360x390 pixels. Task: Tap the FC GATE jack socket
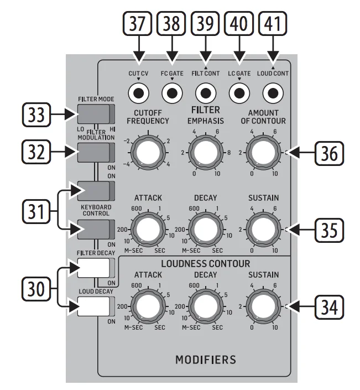tap(172, 92)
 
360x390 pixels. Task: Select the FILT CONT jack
tap(206, 92)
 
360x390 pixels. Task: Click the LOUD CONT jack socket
tap(273, 92)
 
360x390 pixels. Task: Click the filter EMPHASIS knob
tap(206, 152)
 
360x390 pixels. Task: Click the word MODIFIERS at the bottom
tap(205, 360)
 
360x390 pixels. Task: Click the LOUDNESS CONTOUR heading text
tap(206, 263)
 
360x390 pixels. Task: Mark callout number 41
tap(273, 25)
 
